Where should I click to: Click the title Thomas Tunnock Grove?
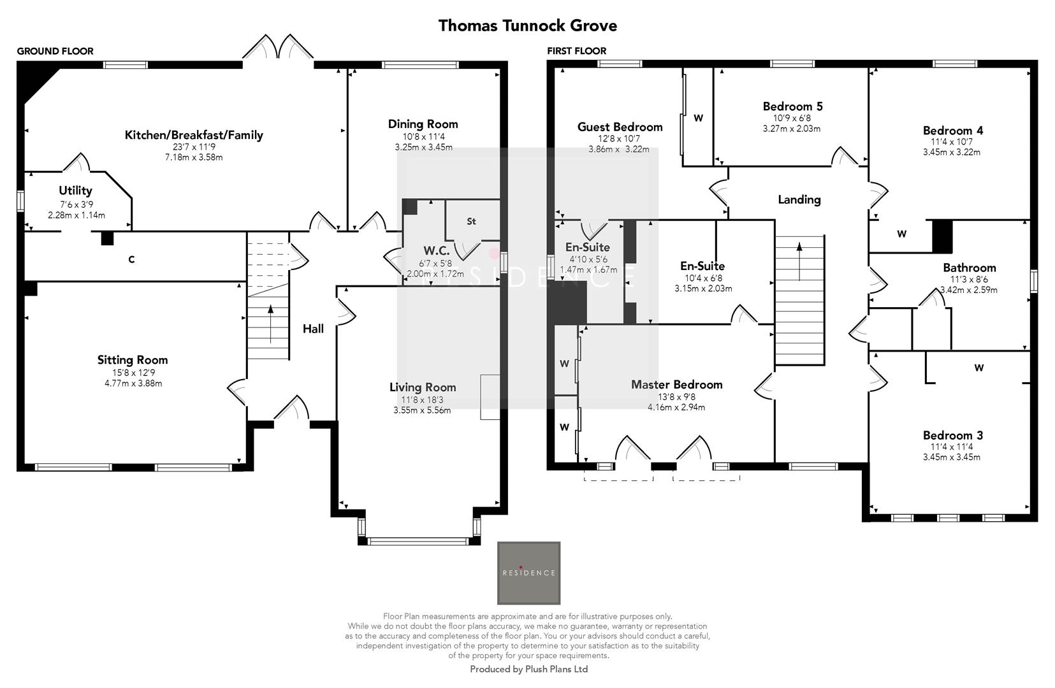(527, 25)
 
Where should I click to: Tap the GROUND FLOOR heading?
(55, 51)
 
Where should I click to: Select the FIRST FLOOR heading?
(576, 51)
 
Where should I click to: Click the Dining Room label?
(423, 124)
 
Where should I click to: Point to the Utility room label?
(75, 190)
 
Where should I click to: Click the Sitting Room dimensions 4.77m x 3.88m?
(133, 383)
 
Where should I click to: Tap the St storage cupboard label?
(471, 222)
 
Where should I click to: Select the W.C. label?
(437, 250)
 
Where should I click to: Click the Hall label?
(313, 329)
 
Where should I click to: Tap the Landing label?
(799, 199)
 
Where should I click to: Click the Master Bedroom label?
(676, 385)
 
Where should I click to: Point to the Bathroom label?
(969, 268)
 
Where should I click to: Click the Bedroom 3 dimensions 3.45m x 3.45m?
(952, 457)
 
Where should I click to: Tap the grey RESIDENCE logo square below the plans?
(528, 573)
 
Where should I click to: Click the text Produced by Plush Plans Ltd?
(528, 669)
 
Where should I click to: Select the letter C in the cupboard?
(131, 259)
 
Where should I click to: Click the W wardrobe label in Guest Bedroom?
(698, 118)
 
